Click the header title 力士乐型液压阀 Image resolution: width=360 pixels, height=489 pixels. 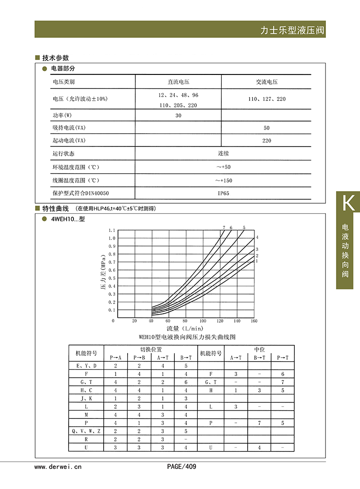pyautogui.click(x=292, y=30)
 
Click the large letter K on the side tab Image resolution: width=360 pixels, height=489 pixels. pyautogui.click(x=348, y=203)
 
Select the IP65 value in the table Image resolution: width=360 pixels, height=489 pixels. pyautogui.click(x=223, y=193)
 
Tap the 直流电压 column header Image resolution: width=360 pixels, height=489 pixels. pyautogui.click(x=178, y=82)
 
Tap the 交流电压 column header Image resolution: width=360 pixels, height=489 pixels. pyautogui.click(x=266, y=82)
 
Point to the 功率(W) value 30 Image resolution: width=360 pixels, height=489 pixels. pyautogui.click(x=178, y=116)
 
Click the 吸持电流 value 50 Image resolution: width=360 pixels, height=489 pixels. pyautogui.click(x=266, y=128)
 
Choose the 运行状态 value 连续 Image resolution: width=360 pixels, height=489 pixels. pyautogui.click(x=223, y=154)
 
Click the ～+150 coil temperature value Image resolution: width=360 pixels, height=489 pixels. pyautogui.click(x=223, y=181)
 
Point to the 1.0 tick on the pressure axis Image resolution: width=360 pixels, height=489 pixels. pyautogui.click(x=112, y=238)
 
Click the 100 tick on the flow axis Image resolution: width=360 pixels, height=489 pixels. pyautogui.click(x=203, y=321)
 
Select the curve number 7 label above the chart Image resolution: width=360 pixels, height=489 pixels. pyautogui.click(x=224, y=227)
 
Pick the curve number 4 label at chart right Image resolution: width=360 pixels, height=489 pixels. pyautogui.click(x=257, y=237)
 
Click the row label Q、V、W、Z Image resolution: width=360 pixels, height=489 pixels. pyautogui.click(x=86, y=431)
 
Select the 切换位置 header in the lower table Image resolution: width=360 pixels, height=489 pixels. pyautogui.click(x=150, y=349)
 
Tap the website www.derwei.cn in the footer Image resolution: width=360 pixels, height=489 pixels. pyautogui.click(x=58, y=466)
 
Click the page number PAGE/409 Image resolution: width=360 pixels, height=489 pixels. pyautogui.click(x=181, y=466)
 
